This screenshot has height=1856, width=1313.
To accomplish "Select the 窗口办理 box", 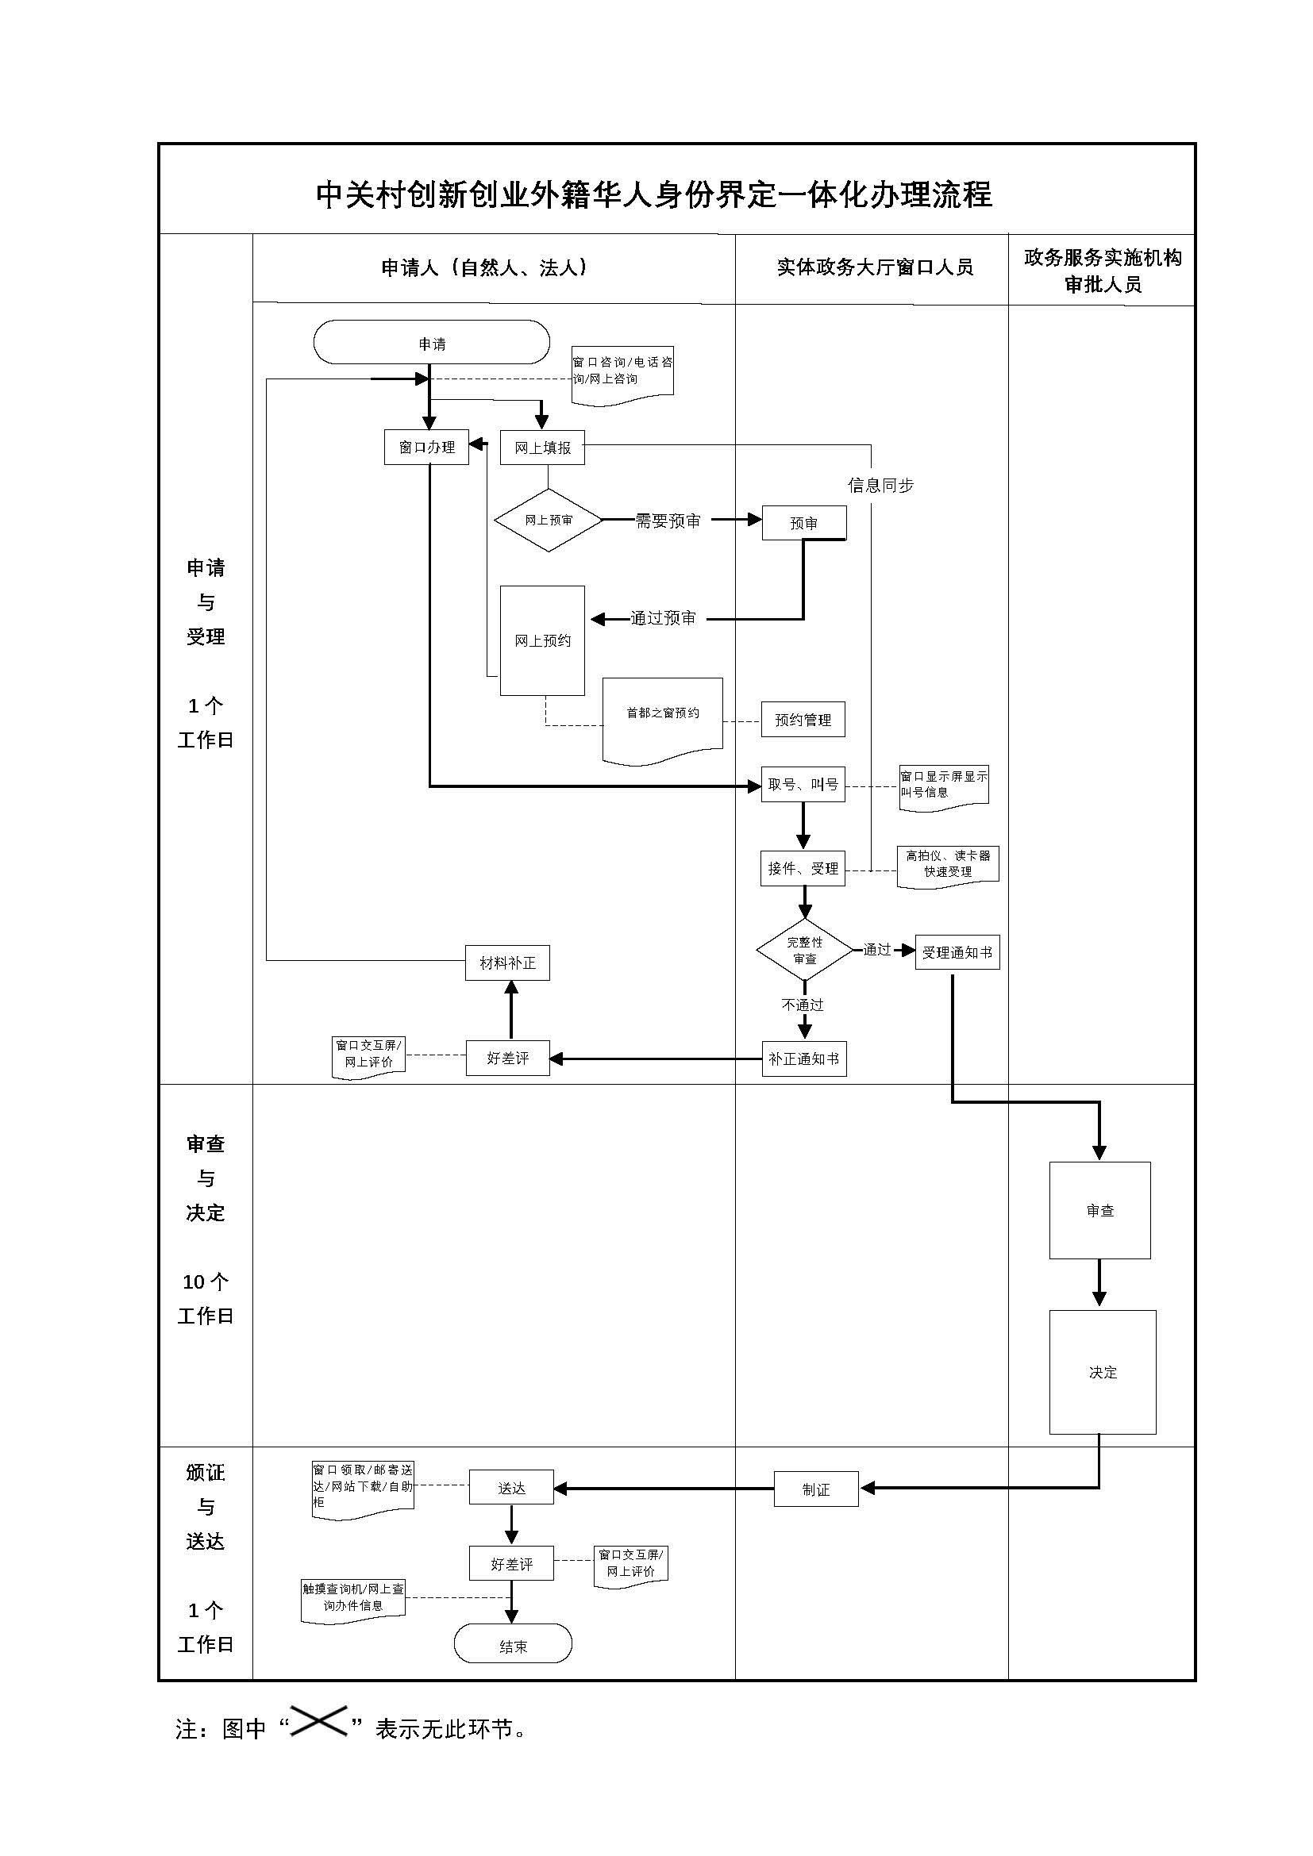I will tap(426, 447).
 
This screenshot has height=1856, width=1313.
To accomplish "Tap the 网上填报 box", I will tap(542, 447).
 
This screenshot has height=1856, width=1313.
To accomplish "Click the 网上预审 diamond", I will tap(549, 520).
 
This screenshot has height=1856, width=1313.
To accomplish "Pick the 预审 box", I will tap(803, 523).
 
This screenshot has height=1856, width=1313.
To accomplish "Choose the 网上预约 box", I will tap(542, 640).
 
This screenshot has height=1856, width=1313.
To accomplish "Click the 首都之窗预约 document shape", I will tap(662, 715).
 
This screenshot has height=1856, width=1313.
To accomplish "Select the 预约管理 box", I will tap(803, 720).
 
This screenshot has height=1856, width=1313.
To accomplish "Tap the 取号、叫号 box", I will tap(803, 784).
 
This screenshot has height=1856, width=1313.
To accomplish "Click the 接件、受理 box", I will tap(803, 868).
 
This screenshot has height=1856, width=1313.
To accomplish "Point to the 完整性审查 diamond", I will tap(804, 950).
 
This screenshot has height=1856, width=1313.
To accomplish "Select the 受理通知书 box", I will tap(957, 952).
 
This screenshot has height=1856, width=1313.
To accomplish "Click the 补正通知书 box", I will tap(803, 1059).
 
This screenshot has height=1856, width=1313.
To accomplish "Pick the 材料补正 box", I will tap(508, 963).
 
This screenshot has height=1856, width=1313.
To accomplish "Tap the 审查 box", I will tap(1099, 1210).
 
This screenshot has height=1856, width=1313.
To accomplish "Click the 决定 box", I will tap(1103, 1372).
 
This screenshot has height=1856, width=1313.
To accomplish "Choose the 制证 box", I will tap(816, 1489).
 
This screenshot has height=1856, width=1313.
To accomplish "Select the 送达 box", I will tap(511, 1487).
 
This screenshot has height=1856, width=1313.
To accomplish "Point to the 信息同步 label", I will tap(880, 485).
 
